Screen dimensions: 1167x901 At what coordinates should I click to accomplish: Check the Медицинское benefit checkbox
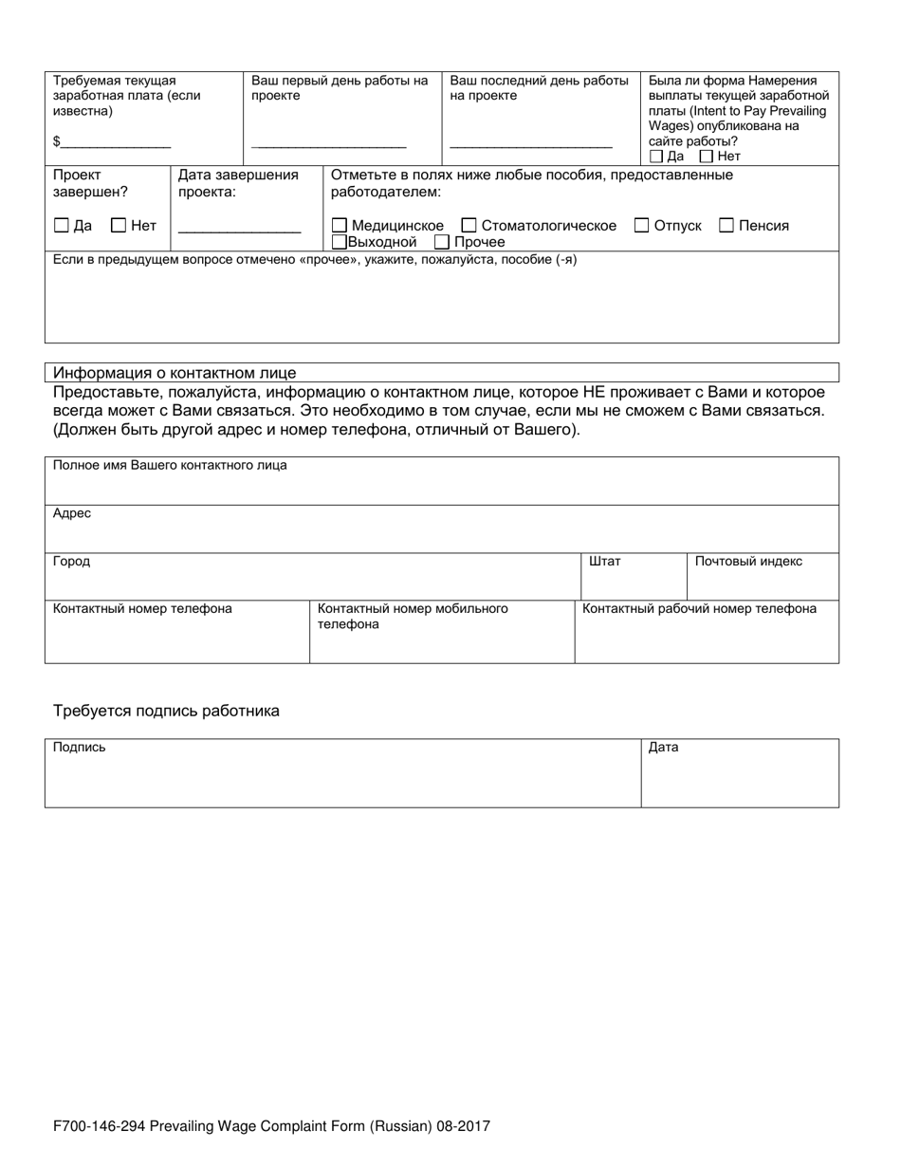(x=340, y=226)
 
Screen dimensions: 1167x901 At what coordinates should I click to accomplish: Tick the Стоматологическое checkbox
(x=469, y=226)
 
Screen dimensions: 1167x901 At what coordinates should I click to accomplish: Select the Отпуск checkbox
(x=641, y=226)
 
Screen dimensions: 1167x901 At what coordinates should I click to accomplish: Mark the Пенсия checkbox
(x=726, y=226)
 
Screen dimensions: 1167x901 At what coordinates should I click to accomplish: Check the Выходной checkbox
(x=340, y=242)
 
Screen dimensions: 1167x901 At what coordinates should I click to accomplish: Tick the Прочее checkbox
(x=441, y=242)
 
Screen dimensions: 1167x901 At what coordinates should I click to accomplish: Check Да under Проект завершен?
(x=62, y=226)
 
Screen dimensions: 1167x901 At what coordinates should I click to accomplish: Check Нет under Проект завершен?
(x=119, y=226)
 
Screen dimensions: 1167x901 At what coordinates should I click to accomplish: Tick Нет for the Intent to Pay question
(x=706, y=157)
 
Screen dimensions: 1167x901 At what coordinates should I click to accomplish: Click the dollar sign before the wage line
(x=57, y=141)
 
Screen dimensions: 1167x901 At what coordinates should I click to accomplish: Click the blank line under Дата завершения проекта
(x=239, y=231)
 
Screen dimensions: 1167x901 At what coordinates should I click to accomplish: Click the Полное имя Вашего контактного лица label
(x=170, y=466)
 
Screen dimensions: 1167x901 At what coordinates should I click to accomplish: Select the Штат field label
(x=605, y=562)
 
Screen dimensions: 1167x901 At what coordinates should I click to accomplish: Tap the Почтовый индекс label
(x=748, y=562)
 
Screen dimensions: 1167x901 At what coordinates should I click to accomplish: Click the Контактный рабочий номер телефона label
(x=699, y=609)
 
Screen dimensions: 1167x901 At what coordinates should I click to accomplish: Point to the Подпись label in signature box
(x=80, y=748)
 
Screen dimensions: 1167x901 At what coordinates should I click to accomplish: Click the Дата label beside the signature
(x=663, y=748)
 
